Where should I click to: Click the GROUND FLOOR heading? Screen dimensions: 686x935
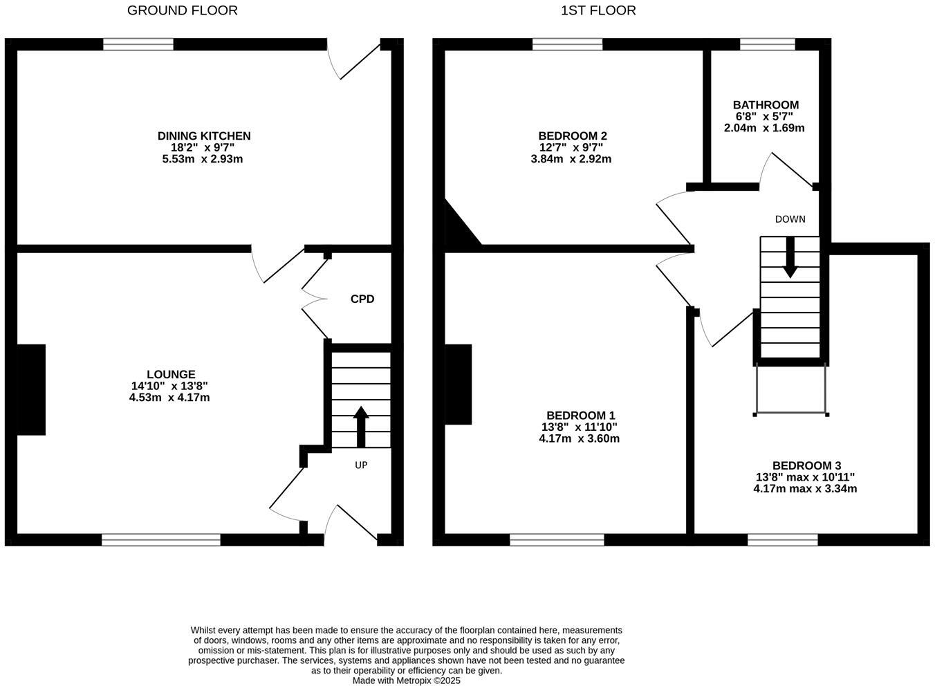coord(183,10)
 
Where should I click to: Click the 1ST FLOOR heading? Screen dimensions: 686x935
coord(598,10)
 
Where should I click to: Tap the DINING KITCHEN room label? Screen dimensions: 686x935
coord(204,136)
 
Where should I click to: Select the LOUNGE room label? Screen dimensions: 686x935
coord(170,375)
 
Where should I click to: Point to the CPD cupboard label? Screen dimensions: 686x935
coord(362,299)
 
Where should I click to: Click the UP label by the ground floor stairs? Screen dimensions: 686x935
coord(361,465)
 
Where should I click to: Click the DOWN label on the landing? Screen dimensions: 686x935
coord(790,219)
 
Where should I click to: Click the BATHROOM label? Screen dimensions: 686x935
coord(766,105)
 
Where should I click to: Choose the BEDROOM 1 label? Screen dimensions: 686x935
coord(578,416)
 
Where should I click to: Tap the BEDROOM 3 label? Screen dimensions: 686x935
coord(806,466)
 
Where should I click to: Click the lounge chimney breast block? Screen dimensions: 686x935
coord(31,389)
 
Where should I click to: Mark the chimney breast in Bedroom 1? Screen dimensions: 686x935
coord(458,384)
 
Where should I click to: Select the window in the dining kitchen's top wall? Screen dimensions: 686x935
coord(138,44)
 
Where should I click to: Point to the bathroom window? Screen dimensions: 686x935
coord(767,44)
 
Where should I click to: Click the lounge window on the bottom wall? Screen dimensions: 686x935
coord(161,539)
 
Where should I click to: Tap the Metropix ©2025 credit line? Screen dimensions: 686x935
coord(407,680)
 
